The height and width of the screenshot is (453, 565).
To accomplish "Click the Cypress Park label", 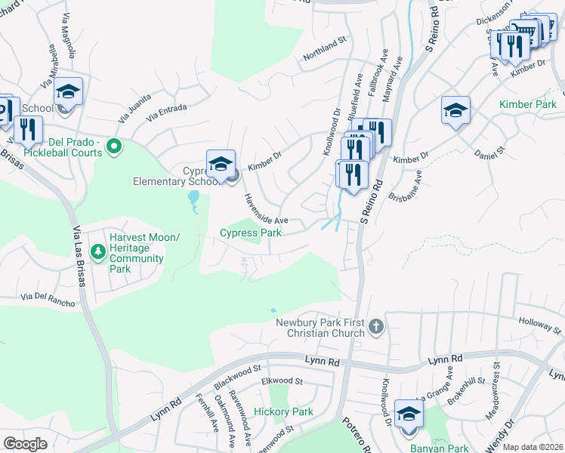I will point(250,233).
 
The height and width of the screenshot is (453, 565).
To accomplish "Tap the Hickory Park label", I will point(283,411).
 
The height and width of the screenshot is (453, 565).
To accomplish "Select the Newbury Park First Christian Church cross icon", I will point(376,327).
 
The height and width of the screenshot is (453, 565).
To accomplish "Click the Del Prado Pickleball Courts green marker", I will point(114,145).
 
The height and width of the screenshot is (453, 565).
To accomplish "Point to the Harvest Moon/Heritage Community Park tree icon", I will point(97,250).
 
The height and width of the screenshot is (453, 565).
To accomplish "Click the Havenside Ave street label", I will point(265,210).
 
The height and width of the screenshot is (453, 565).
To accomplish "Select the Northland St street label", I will point(324,52).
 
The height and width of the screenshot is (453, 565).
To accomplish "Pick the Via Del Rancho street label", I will point(48,300).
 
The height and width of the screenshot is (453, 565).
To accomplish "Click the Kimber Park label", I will point(527,104).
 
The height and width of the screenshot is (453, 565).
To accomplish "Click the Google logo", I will point(26,443).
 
